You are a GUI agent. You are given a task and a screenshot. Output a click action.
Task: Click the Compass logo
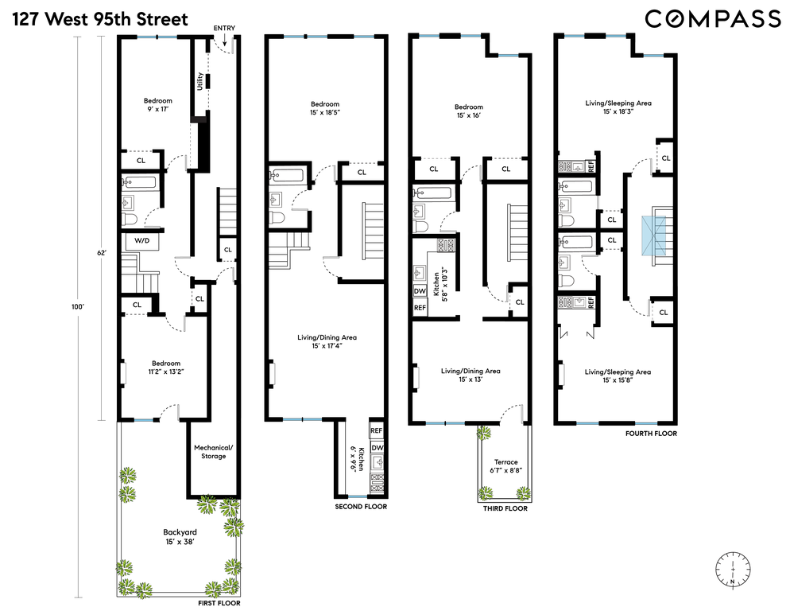pyautogui.click(x=713, y=19)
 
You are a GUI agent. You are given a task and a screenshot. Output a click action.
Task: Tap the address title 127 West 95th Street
pyautogui.click(x=100, y=19)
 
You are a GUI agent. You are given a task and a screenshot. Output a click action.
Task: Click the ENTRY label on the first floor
pyautogui.click(x=224, y=29)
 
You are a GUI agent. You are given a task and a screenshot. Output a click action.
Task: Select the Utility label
pyautogui.click(x=200, y=81)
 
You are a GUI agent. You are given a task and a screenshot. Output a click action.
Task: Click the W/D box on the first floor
pyautogui.click(x=141, y=241)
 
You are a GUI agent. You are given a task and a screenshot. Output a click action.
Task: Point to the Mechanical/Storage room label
pyautogui.click(x=214, y=452)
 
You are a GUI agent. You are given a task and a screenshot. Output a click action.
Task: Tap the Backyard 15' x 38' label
pyautogui.click(x=180, y=537)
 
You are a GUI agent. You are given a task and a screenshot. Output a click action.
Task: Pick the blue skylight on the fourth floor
pyautogui.click(x=653, y=235)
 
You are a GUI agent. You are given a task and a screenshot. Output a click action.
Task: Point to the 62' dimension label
pyautogui.click(x=103, y=253)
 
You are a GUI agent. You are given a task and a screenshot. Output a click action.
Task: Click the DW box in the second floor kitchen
pyautogui.click(x=377, y=448)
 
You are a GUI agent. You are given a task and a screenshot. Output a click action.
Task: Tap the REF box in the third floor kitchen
pyautogui.click(x=420, y=308)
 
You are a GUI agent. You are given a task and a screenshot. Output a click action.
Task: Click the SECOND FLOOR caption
pyautogui.click(x=362, y=507)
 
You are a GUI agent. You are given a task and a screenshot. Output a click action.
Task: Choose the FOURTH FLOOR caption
pyautogui.click(x=652, y=434)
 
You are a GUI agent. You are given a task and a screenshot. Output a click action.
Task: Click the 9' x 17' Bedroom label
pyautogui.click(x=157, y=104)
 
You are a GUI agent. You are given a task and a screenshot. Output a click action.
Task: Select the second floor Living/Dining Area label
pyautogui.click(x=327, y=341)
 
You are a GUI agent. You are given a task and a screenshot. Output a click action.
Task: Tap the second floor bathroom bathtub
pyautogui.click(x=288, y=176)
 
